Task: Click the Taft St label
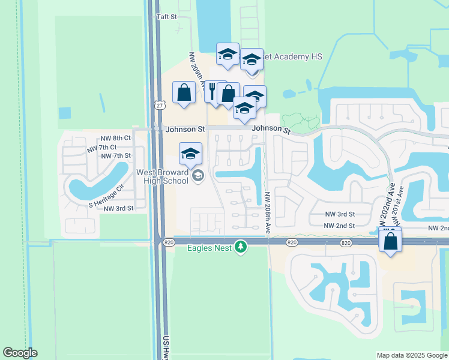[x=166, y=17]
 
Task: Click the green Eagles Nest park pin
[x=241, y=246]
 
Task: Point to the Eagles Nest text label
[x=208, y=246]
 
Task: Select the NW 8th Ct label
[x=115, y=138]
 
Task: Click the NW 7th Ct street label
[x=101, y=147]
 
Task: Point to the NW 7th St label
[x=116, y=156]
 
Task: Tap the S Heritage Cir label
[x=106, y=196]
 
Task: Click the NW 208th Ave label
[x=268, y=213]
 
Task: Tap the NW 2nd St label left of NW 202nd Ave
[x=339, y=226]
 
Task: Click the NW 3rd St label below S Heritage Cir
[x=118, y=208]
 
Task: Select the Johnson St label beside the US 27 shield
[x=185, y=129]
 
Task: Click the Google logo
[x=20, y=353]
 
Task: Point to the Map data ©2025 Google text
[x=411, y=355]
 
